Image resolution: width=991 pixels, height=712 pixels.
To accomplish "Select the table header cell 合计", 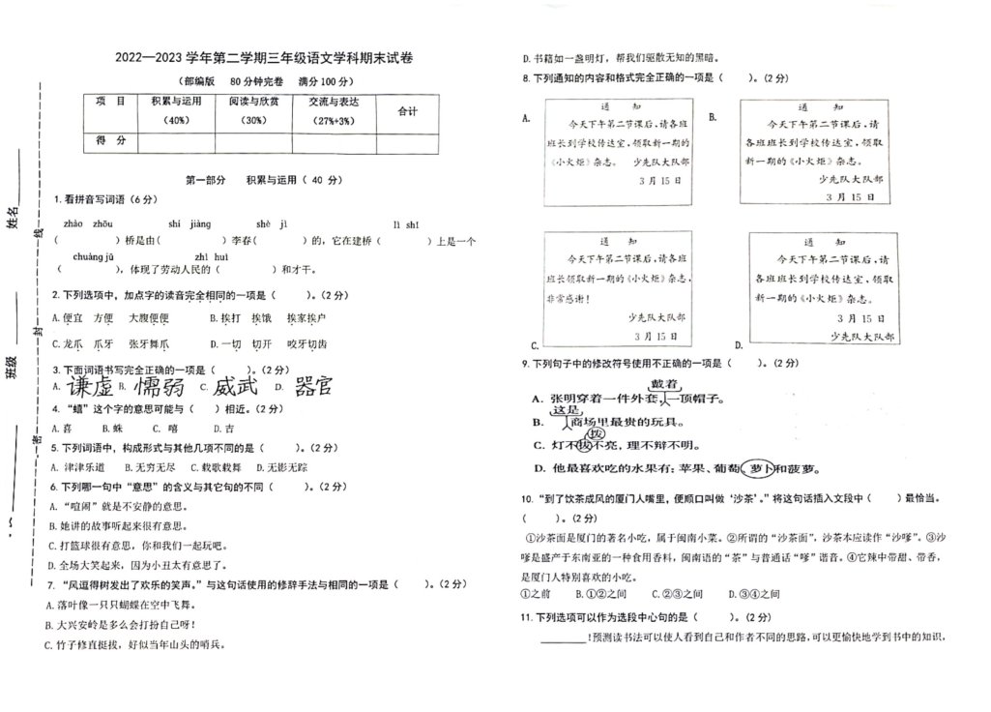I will (407, 111).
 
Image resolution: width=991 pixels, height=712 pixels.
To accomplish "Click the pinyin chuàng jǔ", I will (93, 256).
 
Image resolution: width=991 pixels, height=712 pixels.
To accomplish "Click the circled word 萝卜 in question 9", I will (756, 468).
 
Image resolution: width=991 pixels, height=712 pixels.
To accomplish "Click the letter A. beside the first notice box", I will (526, 117).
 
